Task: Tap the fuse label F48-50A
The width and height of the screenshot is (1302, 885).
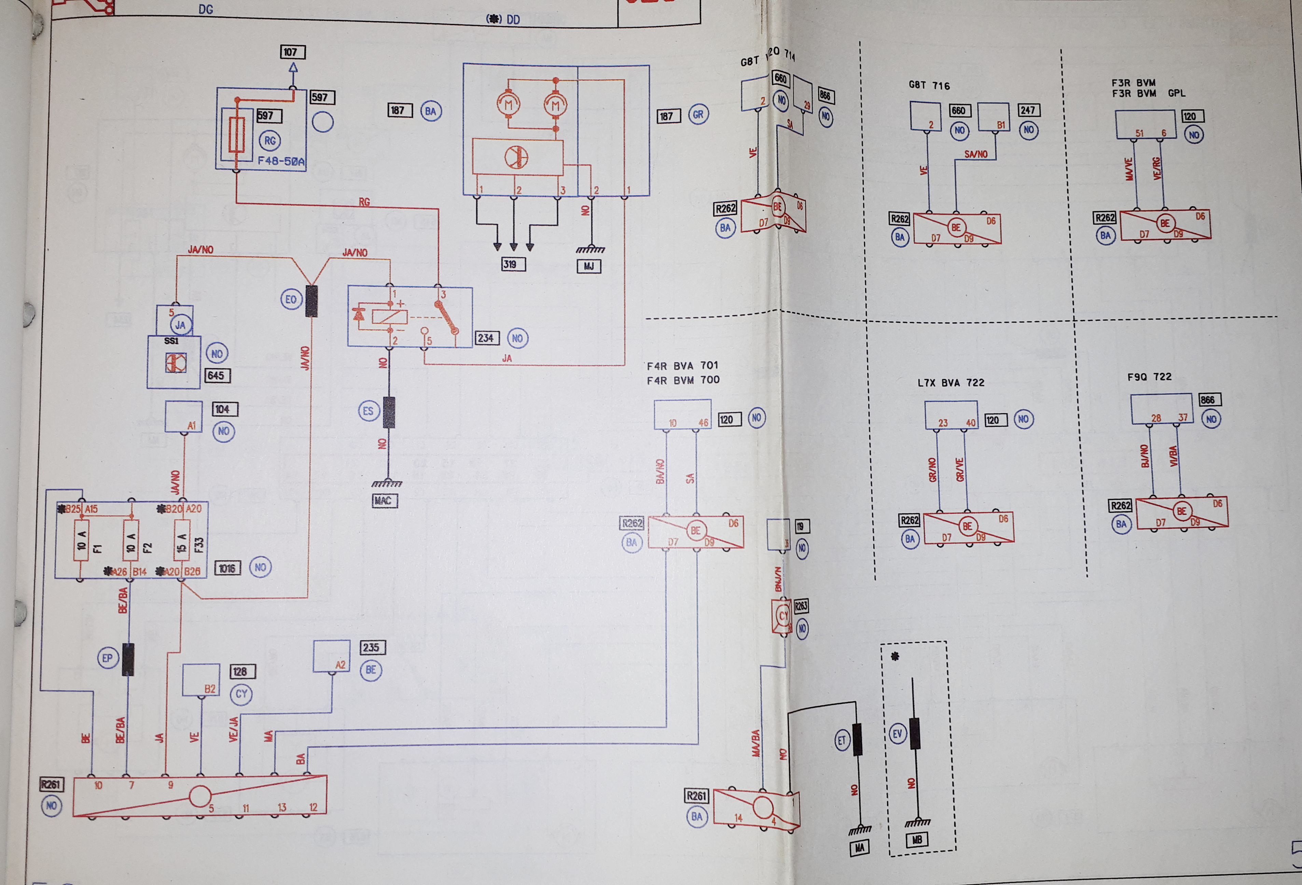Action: click(x=281, y=162)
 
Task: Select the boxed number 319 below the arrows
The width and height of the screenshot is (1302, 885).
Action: click(x=513, y=264)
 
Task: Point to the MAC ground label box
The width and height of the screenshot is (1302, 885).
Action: click(x=385, y=500)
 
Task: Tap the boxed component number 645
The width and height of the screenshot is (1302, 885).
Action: click(x=216, y=375)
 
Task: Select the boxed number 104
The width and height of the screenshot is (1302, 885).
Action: click(x=225, y=409)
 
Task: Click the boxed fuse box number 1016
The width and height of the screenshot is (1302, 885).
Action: click(x=227, y=568)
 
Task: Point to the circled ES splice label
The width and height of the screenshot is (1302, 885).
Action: click(x=368, y=411)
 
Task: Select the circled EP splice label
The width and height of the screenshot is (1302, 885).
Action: click(x=107, y=658)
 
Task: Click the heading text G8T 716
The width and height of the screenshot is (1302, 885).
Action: click(x=929, y=86)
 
